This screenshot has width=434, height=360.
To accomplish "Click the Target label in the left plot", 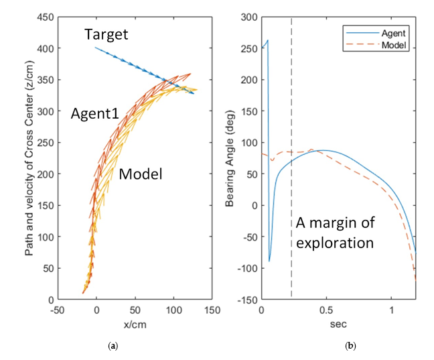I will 107,34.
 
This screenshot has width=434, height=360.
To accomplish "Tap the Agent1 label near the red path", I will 95,114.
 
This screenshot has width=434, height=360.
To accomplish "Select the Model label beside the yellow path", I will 141,174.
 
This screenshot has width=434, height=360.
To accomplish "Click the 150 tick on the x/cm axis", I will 212,312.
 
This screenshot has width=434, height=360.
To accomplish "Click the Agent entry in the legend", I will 394,32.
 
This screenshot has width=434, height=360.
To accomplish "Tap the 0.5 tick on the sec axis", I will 326,312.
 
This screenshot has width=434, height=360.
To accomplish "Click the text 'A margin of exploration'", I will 334,233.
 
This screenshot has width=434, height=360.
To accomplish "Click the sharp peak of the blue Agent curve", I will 268,41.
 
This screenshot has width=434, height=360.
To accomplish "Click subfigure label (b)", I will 350,346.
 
